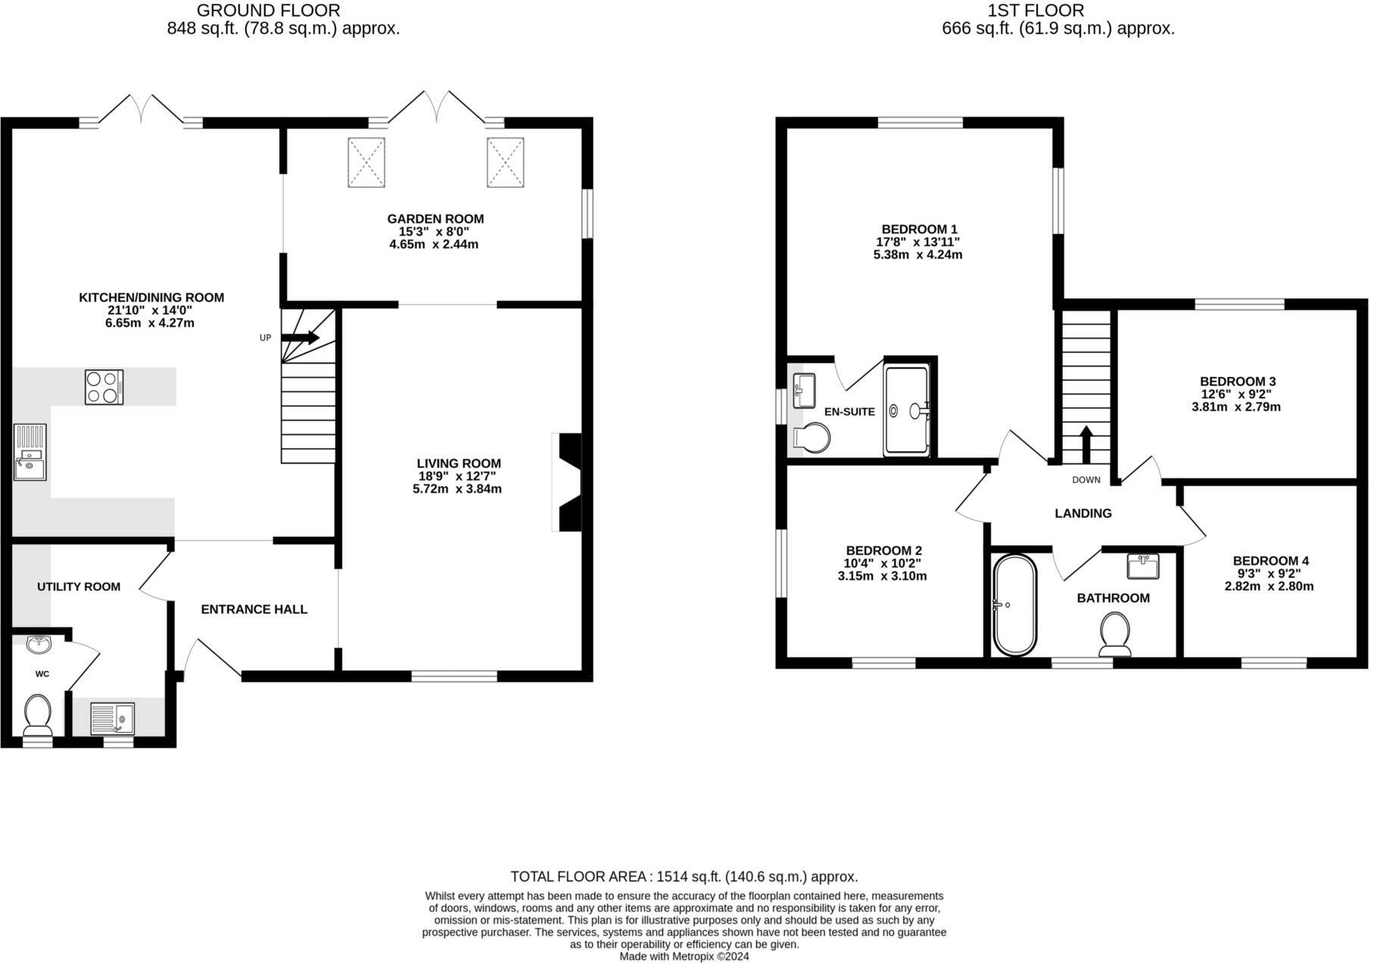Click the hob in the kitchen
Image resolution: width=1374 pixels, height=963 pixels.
tap(104, 387)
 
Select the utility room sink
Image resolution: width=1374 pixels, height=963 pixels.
tap(112, 718)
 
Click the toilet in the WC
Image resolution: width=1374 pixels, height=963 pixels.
tap(37, 714)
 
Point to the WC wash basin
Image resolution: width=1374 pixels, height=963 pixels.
tap(39, 644)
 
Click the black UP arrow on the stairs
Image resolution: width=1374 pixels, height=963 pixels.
tap(301, 338)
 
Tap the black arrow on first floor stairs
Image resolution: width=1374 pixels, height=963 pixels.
tap(1086, 444)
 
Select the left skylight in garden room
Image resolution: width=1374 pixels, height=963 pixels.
tap(366, 162)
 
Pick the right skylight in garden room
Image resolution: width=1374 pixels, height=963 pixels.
tap(505, 162)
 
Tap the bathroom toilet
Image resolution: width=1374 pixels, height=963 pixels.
tap(1114, 634)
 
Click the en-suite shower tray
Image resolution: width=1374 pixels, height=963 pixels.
tap(906, 411)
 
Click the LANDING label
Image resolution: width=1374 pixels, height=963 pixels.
tap(1083, 513)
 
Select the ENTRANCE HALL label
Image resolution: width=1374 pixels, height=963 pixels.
tap(254, 609)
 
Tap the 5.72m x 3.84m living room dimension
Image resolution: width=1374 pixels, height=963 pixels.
tap(457, 489)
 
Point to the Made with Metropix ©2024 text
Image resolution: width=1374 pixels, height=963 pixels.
tap(684, 956)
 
